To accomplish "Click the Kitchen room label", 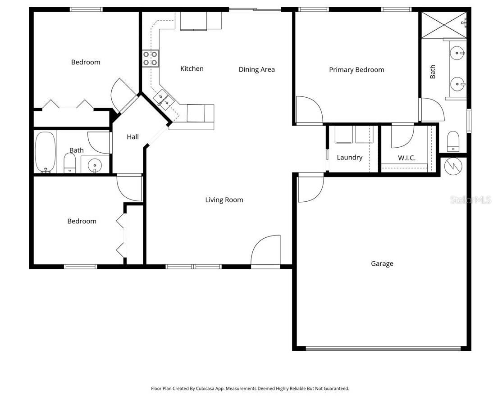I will click(x=192, y=69).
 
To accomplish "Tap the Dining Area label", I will click(x=256, y=69).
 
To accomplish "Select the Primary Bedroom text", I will click(x=356, y=70).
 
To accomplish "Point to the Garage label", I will click(x=382, y=264).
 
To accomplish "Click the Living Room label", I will click(x=224, y=200).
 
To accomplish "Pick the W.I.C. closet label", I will click(x=406, y=158).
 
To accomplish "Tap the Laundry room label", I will click(x=349, y=158).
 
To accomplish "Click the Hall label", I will click(x=132, y=137).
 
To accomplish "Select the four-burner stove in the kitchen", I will click(x=151, y=59).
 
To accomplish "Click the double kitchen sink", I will click(x=163, y=100).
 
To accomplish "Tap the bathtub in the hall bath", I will click(x=45, y=152).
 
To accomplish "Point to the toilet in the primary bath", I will click(x=452, y=141).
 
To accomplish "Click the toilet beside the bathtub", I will click(x=70, y=163).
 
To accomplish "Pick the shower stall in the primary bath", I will click(x=443, y=24).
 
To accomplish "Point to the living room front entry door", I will click(x=266, y=252).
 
